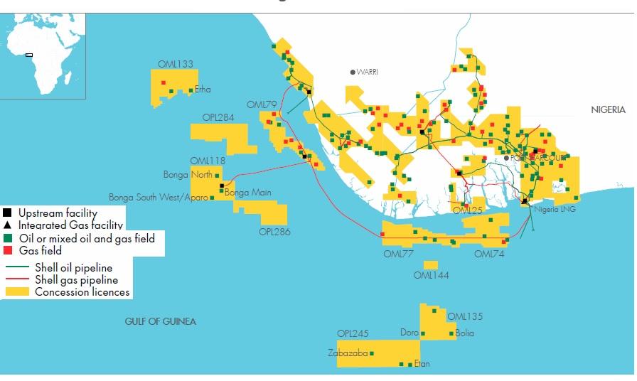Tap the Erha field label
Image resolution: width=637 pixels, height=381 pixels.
tap(203, 90)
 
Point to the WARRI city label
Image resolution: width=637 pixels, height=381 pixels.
tap(367, 72)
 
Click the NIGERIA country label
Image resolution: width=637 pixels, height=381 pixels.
tap(608, 109)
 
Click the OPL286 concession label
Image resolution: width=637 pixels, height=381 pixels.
tap(275, 232)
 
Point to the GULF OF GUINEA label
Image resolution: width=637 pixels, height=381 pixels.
tap(160, 321)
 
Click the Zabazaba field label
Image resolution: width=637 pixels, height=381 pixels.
tap(348, 353)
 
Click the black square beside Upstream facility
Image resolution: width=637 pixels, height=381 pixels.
tap(7, 213)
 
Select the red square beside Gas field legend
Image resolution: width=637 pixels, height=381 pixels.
tap(7, 250)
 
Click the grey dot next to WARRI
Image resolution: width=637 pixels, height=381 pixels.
tap(352, 72)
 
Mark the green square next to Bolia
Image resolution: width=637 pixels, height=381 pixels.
tap(451, 333)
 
